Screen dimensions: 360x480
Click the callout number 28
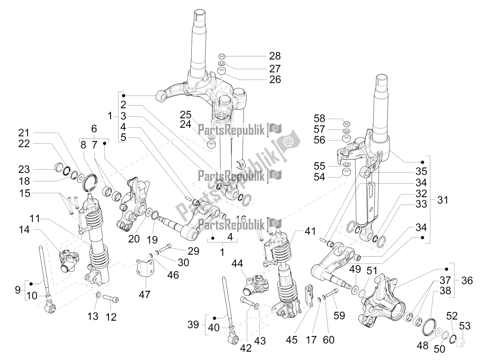tap(275, 56)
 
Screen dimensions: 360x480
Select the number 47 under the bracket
tap(144, 295)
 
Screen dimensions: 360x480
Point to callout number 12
tap(111, 317)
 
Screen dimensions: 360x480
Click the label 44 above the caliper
tap(237, 264)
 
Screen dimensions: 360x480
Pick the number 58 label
tap(319, 118)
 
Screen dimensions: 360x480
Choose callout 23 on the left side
tap(24, 169)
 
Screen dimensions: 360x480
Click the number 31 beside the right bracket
tap(442, 200)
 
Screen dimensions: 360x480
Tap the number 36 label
tap(467, 280)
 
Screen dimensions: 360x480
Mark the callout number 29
tap(193, 251)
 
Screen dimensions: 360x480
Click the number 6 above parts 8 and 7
tap(94, 129)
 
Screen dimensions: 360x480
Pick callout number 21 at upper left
tap(24, 133)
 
